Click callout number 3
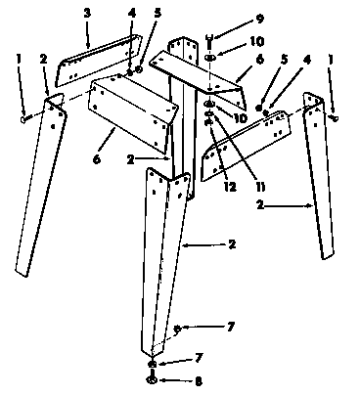87,13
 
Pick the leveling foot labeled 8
153,379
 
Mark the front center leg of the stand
162,254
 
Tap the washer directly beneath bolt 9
211,58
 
